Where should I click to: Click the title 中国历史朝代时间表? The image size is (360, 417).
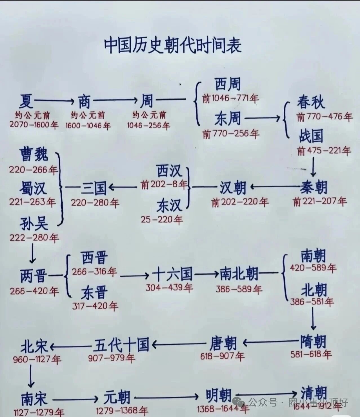point(173,46)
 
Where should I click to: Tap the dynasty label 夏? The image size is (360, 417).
point(26,101)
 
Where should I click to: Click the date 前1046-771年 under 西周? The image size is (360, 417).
point(230,98)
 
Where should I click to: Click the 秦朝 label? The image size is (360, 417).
point(314,187)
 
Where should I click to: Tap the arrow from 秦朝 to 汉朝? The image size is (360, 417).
point(275,187)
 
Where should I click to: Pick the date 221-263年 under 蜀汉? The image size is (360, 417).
point(32,202)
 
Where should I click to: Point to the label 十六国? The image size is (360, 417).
point(172,274)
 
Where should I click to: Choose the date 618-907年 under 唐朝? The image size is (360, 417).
point(222,356)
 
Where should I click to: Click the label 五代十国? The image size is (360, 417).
point(121,344)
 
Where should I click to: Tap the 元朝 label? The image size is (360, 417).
point(117,398)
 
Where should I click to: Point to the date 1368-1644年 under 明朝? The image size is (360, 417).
point(223,409)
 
